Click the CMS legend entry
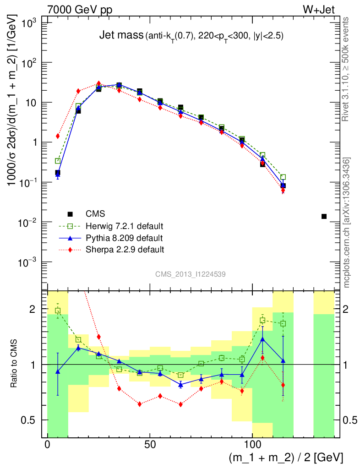[95, 213]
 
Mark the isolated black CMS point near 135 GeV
[324, 216]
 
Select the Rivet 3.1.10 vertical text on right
[347, 69]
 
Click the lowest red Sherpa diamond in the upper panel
[283, 190]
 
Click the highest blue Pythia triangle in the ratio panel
[262, 339]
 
